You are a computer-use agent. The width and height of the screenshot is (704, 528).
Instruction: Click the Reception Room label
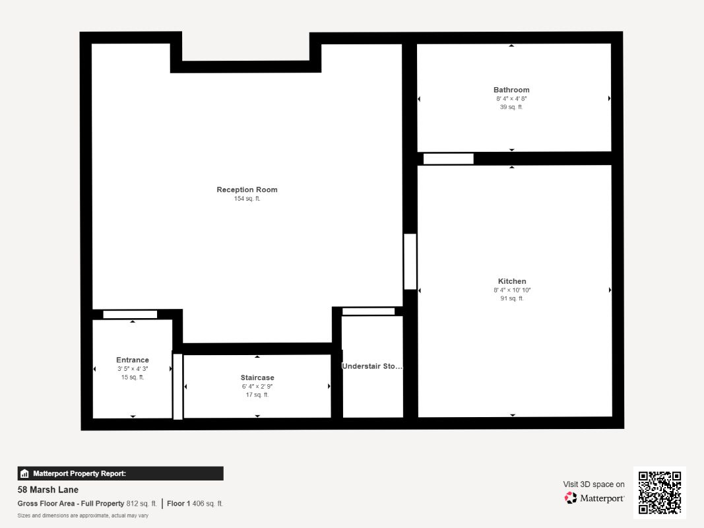tap(247, 189)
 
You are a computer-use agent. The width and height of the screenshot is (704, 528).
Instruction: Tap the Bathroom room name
tap(511, 90)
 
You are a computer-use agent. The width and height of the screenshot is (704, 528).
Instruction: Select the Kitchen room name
tap(512, 281)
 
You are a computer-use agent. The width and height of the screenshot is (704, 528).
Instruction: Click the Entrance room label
tap(133, 360)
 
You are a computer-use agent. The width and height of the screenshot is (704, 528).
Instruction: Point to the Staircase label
tap(257, 378)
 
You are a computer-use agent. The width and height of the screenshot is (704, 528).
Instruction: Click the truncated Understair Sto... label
tap(372, 366)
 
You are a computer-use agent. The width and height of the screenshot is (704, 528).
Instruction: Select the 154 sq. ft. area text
tap(247, 199)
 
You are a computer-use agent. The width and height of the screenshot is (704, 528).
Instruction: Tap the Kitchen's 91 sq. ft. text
tap(512, 298)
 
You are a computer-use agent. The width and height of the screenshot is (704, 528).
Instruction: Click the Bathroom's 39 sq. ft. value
tap(511, 107)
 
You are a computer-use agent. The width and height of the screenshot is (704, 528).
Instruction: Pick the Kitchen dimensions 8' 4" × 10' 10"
tap(512, 290)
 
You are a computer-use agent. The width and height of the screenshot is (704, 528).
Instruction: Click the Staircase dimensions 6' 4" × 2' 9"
tap(257, 386)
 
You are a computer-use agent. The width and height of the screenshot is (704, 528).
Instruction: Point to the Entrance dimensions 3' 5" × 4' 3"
tap(133, 368)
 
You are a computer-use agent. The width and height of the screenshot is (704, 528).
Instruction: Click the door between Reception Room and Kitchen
tap(410, 261)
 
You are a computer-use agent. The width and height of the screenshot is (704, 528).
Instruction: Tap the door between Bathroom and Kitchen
tap(448, 159)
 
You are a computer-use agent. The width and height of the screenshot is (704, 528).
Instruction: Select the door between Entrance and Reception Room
tap(130, 314)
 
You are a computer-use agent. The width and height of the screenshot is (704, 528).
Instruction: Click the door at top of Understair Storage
tap(368, 312)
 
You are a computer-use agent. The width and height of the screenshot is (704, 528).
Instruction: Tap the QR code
tap(660, 492)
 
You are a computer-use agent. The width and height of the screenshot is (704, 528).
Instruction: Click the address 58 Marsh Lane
tap(48, 490)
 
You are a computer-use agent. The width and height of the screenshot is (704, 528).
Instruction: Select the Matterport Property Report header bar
tap(120, 473)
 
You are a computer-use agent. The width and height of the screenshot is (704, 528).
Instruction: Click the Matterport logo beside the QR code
tap(594, 498)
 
